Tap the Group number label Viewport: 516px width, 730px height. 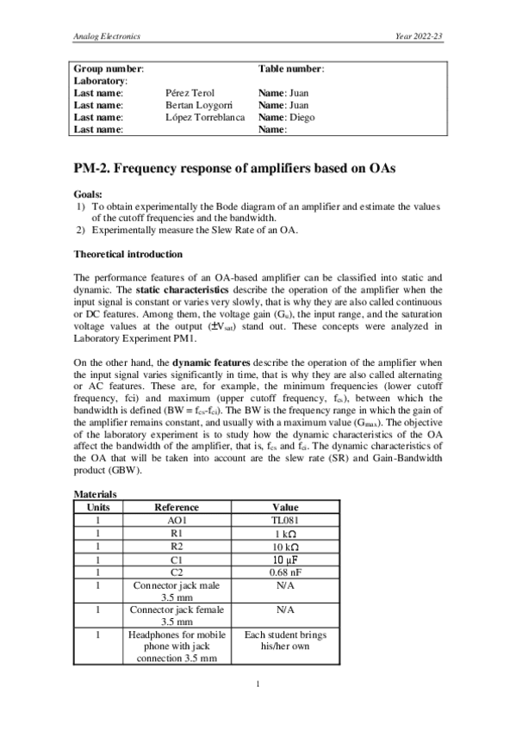(x=109, y=68)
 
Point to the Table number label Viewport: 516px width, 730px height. (x=291, y=68)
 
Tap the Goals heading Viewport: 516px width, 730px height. (x=88, y=195)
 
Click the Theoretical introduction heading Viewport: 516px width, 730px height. (x=127, y=255)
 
